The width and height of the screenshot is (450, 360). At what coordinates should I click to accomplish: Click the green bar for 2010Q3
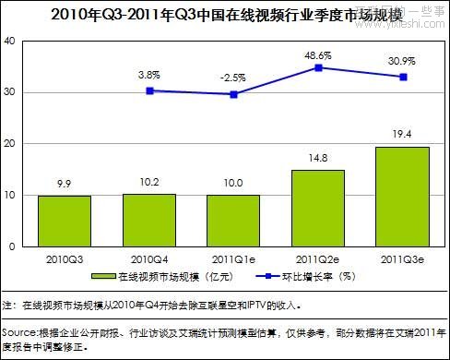(64, 222)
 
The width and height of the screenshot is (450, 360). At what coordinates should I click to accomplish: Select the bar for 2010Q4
(149, 221)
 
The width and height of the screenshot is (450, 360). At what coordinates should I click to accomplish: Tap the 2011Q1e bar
(233, 222)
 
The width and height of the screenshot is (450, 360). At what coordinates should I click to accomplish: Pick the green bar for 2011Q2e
(318, 209)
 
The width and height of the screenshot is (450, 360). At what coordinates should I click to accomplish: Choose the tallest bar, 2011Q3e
(402, 197)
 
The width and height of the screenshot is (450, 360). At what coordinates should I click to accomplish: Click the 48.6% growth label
(318, 54)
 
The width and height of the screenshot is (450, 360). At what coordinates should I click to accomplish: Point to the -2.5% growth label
(233, 78)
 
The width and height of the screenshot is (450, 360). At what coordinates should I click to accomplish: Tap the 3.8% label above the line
(149, 74)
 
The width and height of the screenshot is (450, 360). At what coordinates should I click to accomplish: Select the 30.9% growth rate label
(402, 61)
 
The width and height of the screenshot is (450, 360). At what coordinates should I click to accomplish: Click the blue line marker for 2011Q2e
(318, 67)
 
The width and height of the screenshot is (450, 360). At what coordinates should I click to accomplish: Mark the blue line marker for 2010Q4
(149, 90)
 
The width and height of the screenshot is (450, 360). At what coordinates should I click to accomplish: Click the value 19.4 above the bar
(402, 135)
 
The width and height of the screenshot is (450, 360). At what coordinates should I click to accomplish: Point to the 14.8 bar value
(318, 158)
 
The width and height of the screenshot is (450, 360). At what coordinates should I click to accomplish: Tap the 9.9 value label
(64, 184)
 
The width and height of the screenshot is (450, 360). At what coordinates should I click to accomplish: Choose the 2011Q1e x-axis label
(233, 258)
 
